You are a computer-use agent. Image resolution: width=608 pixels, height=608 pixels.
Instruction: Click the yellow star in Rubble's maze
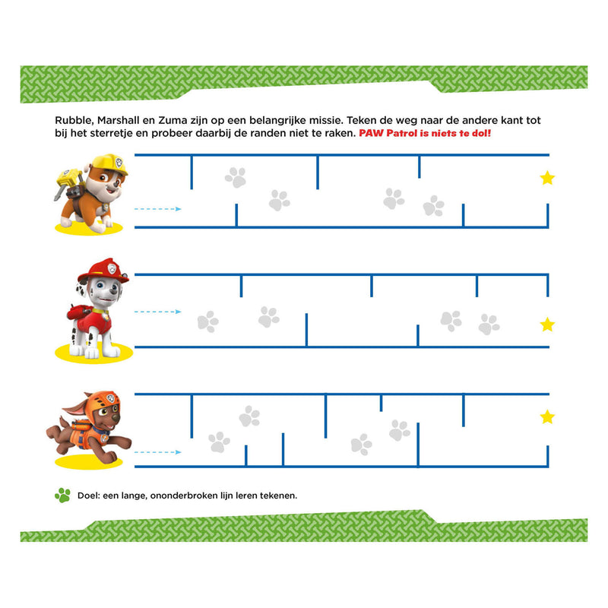[547, 178]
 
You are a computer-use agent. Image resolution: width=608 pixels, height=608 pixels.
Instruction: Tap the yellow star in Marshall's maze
[547, 325]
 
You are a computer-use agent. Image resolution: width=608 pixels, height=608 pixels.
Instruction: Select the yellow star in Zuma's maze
[547, 416]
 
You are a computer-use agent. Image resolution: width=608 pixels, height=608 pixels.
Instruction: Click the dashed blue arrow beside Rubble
[157, 208]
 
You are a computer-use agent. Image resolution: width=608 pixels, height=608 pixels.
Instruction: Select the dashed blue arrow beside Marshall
[157, 312]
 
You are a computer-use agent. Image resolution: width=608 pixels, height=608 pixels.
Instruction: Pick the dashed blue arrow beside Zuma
[157, 452]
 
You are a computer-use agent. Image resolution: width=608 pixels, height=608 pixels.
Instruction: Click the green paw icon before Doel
[62, 495]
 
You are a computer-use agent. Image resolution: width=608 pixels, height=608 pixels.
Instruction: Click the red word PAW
[384, 134]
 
